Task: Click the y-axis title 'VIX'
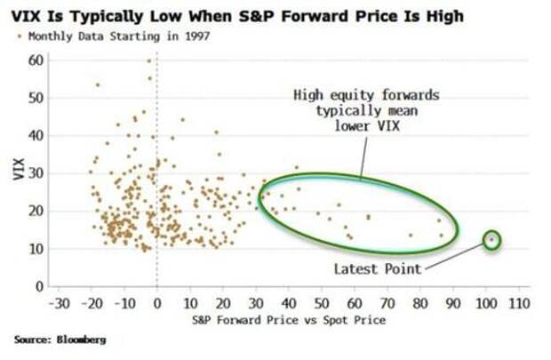[19, 170]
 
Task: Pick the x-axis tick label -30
[59, 303]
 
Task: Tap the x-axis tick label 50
[322, 303]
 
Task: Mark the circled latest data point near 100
[491, 239]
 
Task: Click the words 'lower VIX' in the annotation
[360, 126]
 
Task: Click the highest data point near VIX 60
[149, 60]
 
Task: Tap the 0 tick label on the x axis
[157, 303]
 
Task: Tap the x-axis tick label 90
[454, 303]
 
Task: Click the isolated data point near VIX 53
[98, 85]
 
